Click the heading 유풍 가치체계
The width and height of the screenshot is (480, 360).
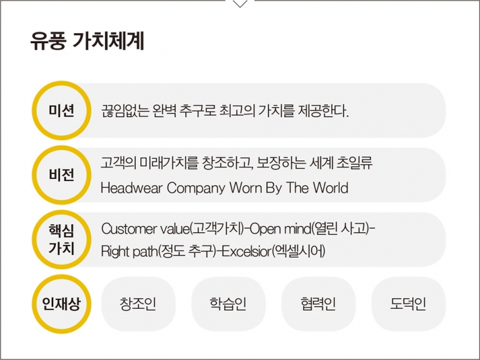point(87,41)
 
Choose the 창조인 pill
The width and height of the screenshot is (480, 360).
point(138,304)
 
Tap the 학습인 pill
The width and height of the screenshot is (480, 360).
point(228,304)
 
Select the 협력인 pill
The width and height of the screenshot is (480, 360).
point(319,304)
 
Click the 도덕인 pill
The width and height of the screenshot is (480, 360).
point(409,304)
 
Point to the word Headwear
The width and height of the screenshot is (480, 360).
point(131,188)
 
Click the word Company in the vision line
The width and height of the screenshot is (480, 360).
point(197,188)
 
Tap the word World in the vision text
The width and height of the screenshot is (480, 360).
point(330,188)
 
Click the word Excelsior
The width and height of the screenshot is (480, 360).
point(247,252)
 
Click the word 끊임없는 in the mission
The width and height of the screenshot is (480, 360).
point(125,111)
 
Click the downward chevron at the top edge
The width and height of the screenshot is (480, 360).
point(240,3)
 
